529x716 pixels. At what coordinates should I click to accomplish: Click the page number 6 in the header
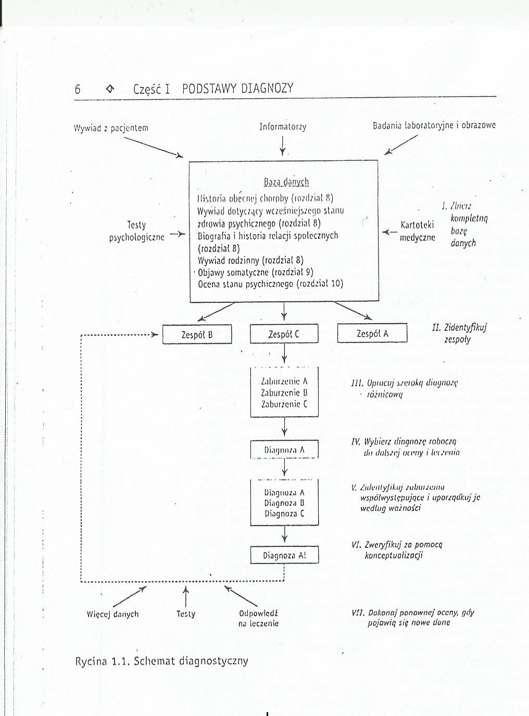pos(78,89)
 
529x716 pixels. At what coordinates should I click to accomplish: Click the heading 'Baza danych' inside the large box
pos(286,182)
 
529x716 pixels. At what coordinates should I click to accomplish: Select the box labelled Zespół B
pos(197,335)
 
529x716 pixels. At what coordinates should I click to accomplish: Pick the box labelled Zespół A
pos(372,334)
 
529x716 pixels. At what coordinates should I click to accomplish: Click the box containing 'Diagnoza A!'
pos(284,555)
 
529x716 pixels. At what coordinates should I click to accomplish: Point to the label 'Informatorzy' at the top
pos(283,126)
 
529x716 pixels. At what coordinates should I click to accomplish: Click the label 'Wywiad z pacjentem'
pos(111,128)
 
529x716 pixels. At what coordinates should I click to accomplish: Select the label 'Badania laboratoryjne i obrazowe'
pos(434,125)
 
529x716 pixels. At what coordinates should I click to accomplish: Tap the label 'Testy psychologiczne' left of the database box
pos(136,231)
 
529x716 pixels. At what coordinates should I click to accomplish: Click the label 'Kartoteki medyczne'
pos(417,232)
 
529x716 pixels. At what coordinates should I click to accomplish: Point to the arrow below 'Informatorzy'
pos(283,145)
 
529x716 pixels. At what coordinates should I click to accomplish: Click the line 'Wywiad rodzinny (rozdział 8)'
pos(250,260)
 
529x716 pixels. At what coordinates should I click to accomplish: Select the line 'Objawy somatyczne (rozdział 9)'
pos(255,272)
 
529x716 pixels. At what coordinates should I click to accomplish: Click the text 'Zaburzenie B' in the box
pos(284,393)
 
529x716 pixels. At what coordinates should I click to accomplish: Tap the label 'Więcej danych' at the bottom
pos(113,614)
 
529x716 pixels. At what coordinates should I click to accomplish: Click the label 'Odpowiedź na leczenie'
pos(258,618)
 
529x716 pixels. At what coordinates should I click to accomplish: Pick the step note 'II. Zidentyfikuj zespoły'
pos(459,334)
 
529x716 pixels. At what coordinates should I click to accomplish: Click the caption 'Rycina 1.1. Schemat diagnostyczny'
pos(162,661)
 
